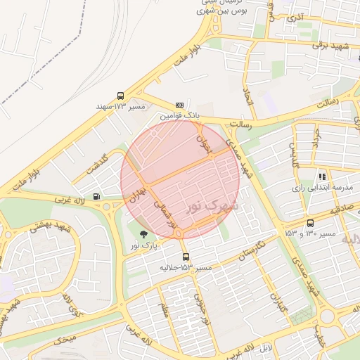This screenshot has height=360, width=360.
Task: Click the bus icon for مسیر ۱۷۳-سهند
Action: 120,96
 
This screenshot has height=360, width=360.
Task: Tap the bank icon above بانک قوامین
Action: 179,105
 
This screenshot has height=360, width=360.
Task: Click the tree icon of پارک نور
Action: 144,234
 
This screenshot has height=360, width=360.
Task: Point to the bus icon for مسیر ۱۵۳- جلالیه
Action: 186,257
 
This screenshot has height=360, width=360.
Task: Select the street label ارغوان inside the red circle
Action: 203,146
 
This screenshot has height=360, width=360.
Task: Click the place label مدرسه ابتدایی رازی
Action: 322,188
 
